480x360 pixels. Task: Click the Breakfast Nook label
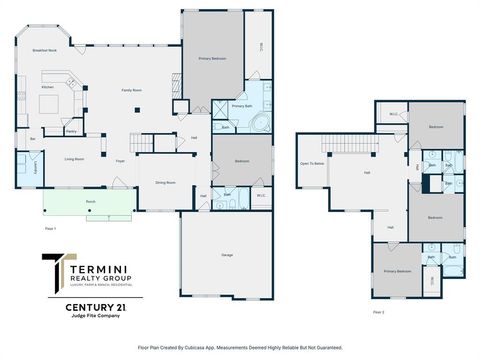[x=44, y=49]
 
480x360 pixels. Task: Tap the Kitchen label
[x=47, y=87]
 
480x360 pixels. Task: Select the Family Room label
[x=130, y=90]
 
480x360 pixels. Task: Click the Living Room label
[x=73, y=158]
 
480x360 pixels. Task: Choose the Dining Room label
[x=164, y=182]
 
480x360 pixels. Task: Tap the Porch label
[x=89, y=201]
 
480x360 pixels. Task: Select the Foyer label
[x=119, y=158]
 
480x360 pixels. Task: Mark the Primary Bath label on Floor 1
[x=241, y=105]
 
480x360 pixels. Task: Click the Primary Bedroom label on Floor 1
[x=211, y=59]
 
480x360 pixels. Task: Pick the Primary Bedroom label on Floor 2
[x=397, y=271]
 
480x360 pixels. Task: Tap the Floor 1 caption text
[x=50, y=230]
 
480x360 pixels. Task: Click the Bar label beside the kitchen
[x=33, y=138]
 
